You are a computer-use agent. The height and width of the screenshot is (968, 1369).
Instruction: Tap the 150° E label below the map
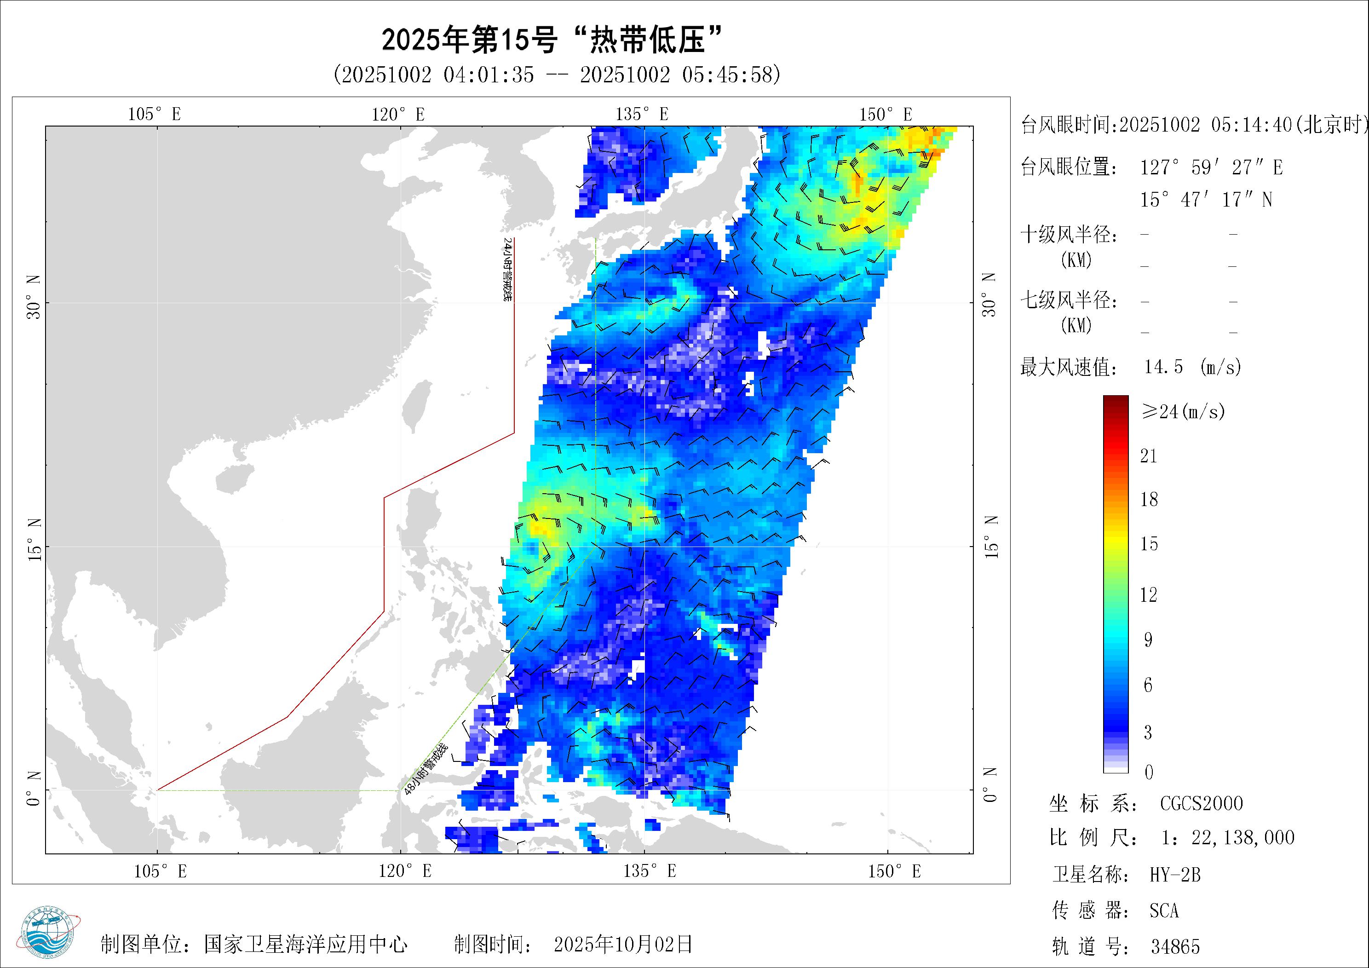pos(894,871)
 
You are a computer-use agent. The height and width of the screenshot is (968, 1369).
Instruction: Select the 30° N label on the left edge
pos(34,296)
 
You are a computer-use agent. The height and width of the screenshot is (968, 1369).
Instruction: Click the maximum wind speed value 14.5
pos(1163,366)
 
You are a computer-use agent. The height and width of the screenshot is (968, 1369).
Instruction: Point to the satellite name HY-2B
pos(1174,875)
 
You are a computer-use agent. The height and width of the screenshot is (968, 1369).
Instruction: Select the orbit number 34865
pos(1174,946)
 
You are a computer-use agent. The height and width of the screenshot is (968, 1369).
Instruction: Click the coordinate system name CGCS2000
pos(1201,803)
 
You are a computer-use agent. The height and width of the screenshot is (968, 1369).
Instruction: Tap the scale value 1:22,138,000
pos(1228,838)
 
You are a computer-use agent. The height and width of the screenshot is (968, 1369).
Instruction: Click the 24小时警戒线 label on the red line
pos(507,269)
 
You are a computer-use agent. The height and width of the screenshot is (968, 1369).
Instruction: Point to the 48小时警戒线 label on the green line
pos(426,769)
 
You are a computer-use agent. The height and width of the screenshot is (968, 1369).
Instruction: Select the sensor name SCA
pos(1164,911)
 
